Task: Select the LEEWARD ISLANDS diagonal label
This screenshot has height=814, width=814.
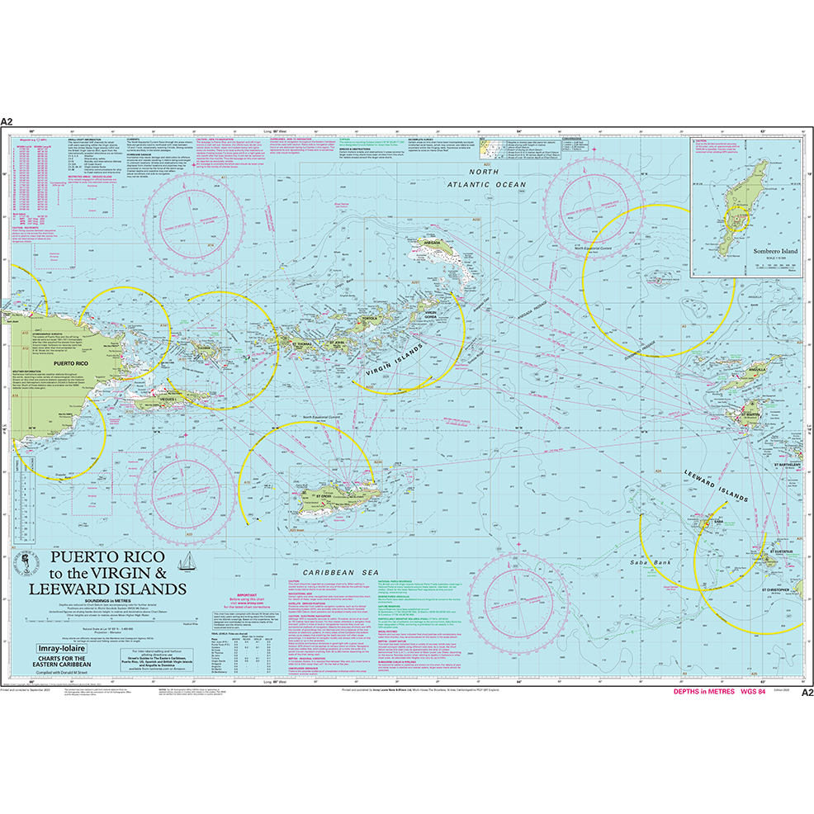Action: click(715, 486)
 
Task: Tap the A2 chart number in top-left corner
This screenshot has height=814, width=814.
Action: click(7, 121)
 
